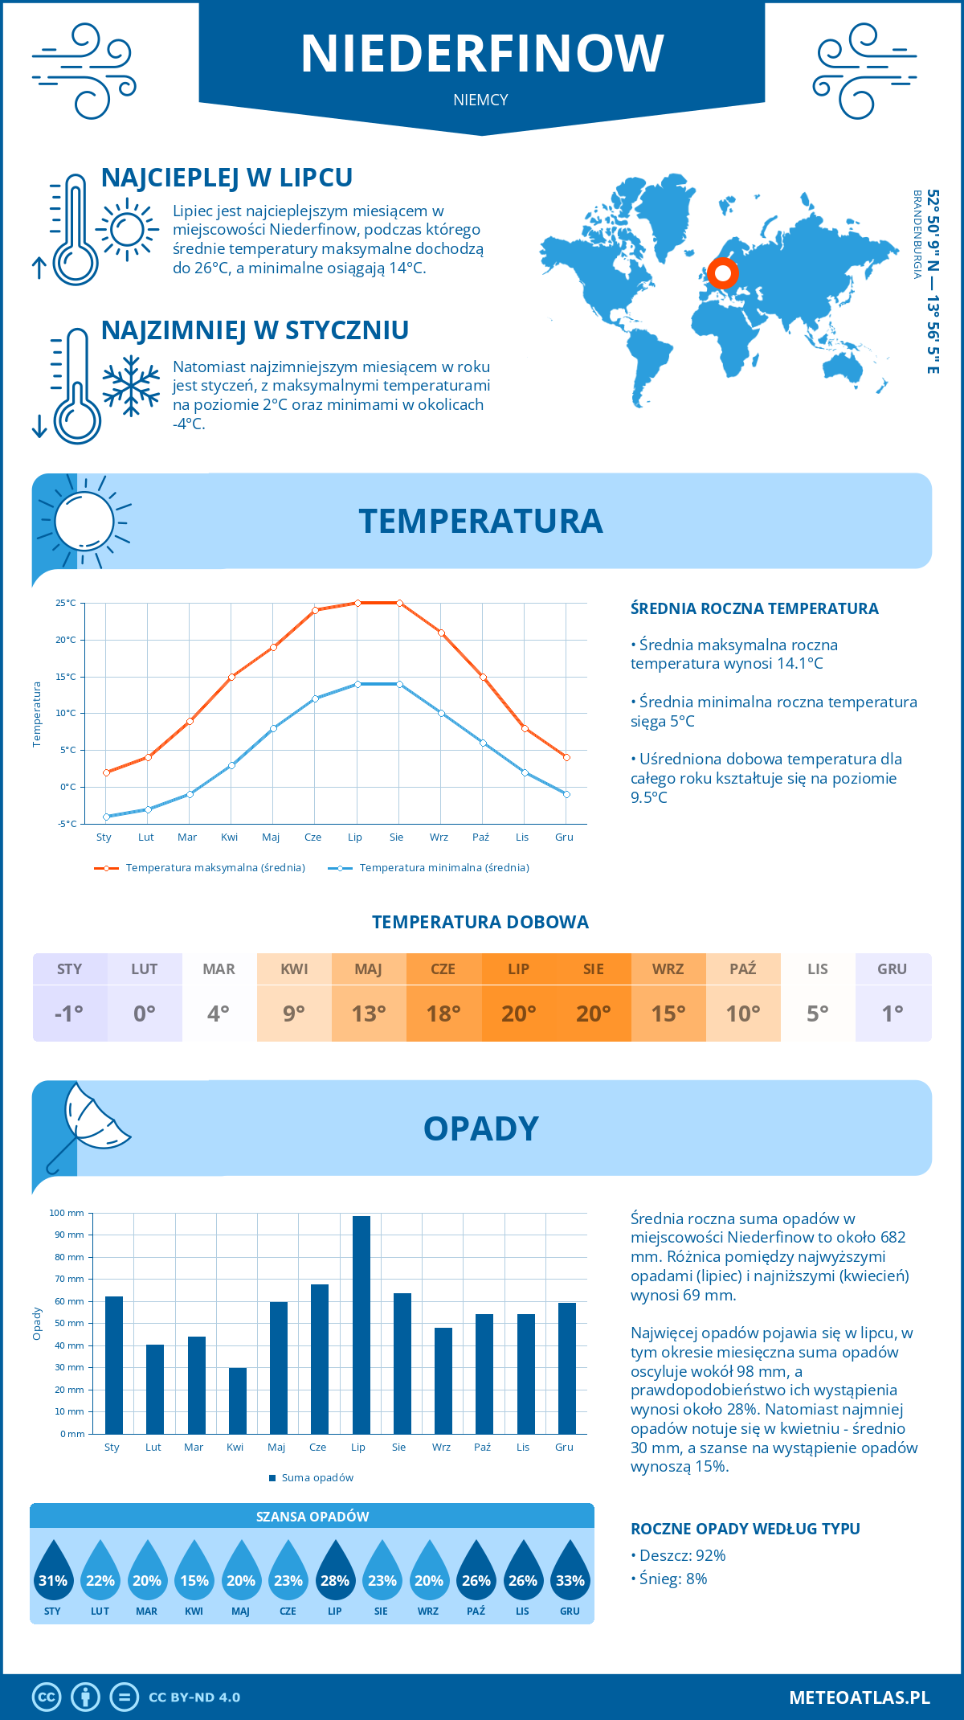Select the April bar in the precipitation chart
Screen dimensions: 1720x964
pos(238,1400)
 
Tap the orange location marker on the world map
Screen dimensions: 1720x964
pos(722,273)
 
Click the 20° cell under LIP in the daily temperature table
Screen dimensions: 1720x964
pos(518,1013)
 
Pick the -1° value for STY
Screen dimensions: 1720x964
pos(69,1013)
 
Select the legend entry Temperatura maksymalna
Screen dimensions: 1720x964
pos(200,868)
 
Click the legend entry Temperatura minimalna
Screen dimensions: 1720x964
pos(429,868)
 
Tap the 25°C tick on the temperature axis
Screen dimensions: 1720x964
pos(66,603)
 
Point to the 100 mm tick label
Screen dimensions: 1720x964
pos(67,1213)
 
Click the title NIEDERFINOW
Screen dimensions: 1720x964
pos(482,54)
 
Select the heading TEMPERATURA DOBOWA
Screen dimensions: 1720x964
pos(480,922)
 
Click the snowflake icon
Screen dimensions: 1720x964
pos(131,387)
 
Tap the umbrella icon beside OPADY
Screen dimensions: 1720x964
pos(88,1125)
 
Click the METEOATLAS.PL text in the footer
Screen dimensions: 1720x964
pos(860,1697)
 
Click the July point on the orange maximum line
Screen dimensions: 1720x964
pos(357,603)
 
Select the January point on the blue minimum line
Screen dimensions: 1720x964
pos(106,817)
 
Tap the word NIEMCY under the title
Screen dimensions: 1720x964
pos(480,100)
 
